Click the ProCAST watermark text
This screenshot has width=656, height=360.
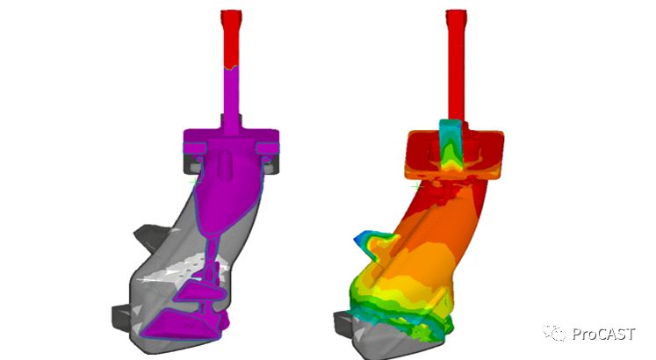click(603, 335)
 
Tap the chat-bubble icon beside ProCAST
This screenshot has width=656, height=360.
click(555, 333)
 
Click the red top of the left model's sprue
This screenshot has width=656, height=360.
click(231, 39)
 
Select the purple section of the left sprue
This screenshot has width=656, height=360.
click(231, 99)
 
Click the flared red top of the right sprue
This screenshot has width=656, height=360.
click(456, 18)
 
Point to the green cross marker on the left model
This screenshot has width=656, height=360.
click(193, 182)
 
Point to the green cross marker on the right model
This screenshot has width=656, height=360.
click(415, 184)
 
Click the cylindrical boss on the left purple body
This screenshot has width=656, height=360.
click(226, 164)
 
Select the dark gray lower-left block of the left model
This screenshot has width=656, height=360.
click(121, 317)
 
